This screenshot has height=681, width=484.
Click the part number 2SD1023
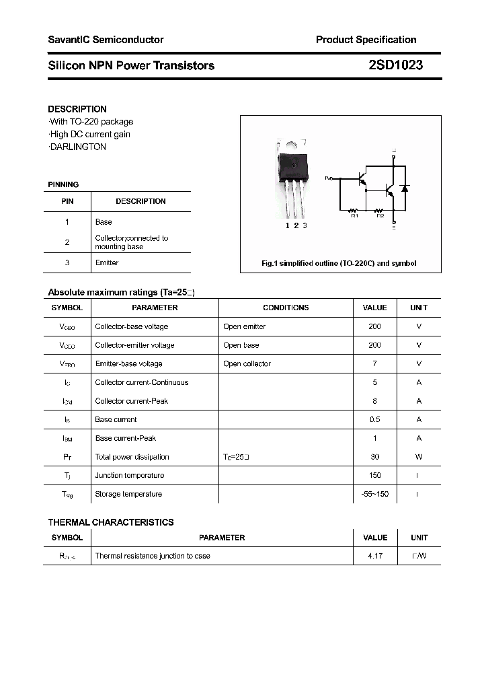click(x=395, y=66)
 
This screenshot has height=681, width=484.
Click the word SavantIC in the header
click(x=69, y=40)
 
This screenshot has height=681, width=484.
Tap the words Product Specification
click(x=366, y=40)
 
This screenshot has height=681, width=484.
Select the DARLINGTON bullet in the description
click(x=78, y=147)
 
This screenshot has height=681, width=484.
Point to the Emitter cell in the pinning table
click(x=107, y=262)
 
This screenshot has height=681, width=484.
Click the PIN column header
click(x=67, y=201)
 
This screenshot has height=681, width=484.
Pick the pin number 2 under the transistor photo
click(x=296, y=225)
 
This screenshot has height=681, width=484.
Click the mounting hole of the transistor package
click(x=292, y=143)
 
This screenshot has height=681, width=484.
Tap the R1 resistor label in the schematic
click(x=355, y=215)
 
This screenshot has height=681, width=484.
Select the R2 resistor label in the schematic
click(x=380, y=215)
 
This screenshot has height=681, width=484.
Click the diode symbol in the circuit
click(x=404, y=188)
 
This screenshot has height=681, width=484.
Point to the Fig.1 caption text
click(x=339, y=263)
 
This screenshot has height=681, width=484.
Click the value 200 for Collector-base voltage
click(x=374, y=326)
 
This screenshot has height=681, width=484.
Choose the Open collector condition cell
click(x=247, y=363)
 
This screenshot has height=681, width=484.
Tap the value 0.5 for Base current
click(x=374, y=419)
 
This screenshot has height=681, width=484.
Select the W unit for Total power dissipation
click(x=419, y=456)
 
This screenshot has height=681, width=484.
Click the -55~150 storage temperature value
click(x=374, y=494)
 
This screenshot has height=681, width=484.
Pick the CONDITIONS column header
click(x=286, y=308)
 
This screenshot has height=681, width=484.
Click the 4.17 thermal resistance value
click(x=374, y=557)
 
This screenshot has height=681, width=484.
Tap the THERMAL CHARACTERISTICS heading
click(x=111, y=522)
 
